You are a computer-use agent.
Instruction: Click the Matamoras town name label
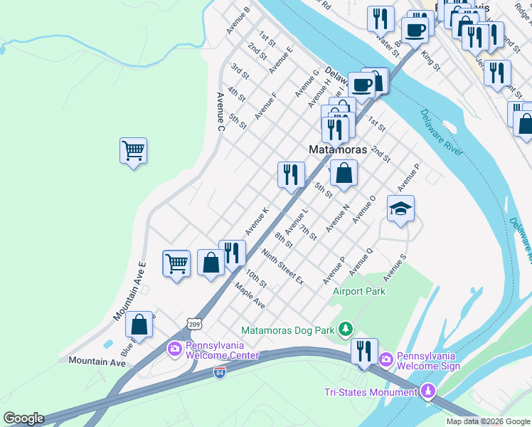pos(338,150)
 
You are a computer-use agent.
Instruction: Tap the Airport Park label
pos(359,291)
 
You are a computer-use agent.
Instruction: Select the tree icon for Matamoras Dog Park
pos(346,329)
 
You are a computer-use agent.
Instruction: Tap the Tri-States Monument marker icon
pos(428,391)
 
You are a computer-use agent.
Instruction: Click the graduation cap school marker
pos(400,209)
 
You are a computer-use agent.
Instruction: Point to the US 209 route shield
pos(196,325)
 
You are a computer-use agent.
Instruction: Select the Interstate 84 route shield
pos(220,372)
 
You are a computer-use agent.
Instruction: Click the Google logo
pos(23,418)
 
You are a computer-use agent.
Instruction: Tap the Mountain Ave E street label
pos(129,291)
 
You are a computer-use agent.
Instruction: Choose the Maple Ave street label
pos(250,295)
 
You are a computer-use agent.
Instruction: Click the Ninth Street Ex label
pos(282,268)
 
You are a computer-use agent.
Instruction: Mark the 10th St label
pos(256,278)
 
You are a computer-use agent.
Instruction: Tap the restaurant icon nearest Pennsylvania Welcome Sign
pos(363,351)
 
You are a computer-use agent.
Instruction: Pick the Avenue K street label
pos(257,221)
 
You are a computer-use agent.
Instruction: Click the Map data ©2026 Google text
pos(488,421)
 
